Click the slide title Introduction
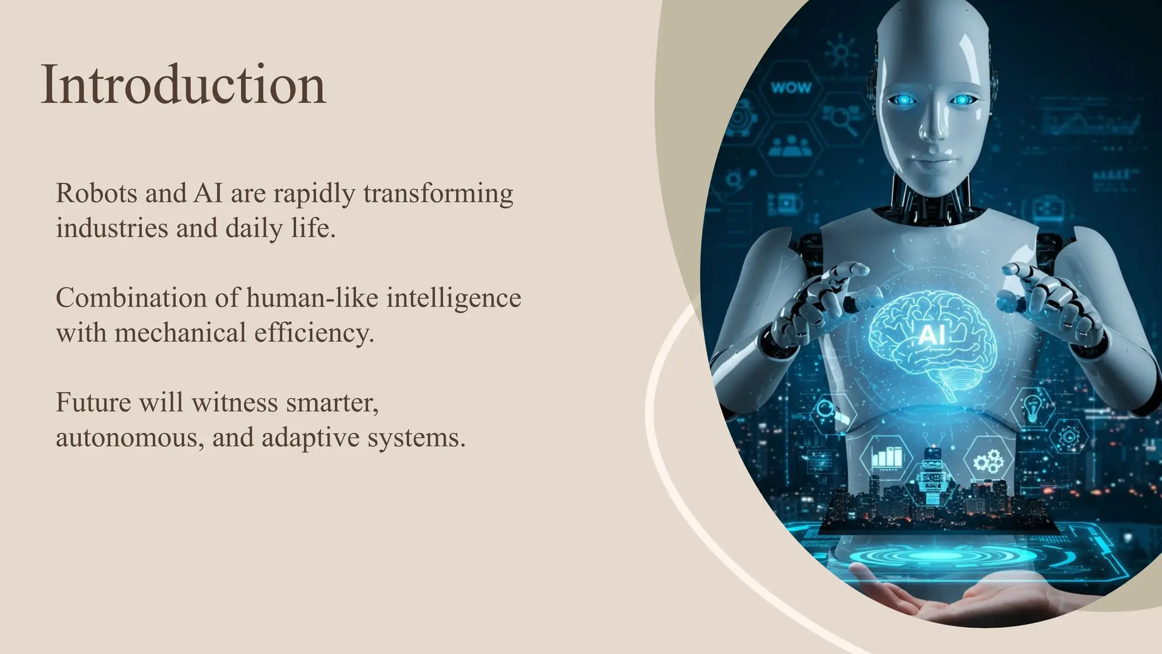click(183, 85)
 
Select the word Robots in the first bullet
click(96, 193)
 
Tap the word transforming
click(438, 194)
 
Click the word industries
click(112, 228)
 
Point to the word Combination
click(131, 298)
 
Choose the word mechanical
click(180, 333)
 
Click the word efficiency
click(314, 333)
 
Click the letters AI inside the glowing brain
click(932, 335)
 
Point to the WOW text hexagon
click(791, 88)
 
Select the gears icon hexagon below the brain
click(988, 461)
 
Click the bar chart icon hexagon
click(886, 458)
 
